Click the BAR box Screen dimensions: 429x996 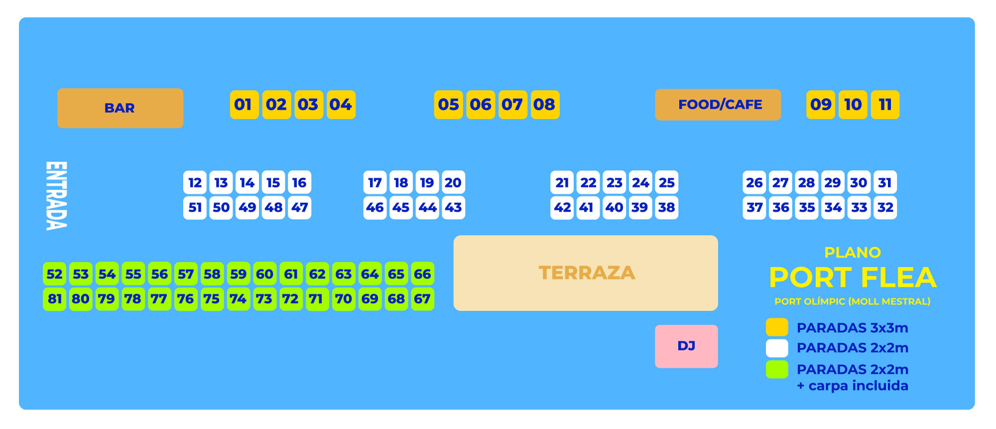click(120, 108)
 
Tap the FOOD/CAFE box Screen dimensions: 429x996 click(718, 105)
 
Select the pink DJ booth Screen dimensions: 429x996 click(686, 346)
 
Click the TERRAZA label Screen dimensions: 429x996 click(587, 273)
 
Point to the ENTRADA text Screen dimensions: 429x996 click(56, 196)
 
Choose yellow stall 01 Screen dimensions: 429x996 click(244, 105)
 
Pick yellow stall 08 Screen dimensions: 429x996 click(545, 105)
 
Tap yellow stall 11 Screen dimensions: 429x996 click(885, 105)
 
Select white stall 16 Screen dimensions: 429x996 click(299, 183)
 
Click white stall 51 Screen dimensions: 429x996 click(195, 208)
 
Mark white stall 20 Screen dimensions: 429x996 click(453, 183)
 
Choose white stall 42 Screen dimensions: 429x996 click(562, 208)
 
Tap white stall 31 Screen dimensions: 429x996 click(885, 183)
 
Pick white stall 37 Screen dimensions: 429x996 click(754, 208)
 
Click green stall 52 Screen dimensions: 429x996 click(54, 274)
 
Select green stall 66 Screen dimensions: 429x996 click(422, 274)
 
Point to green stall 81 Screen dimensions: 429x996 click(54, 299)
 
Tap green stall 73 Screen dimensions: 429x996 click(264, 299)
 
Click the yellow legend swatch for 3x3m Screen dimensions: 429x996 click(777, 327)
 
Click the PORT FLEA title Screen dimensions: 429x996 click(853, 278)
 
